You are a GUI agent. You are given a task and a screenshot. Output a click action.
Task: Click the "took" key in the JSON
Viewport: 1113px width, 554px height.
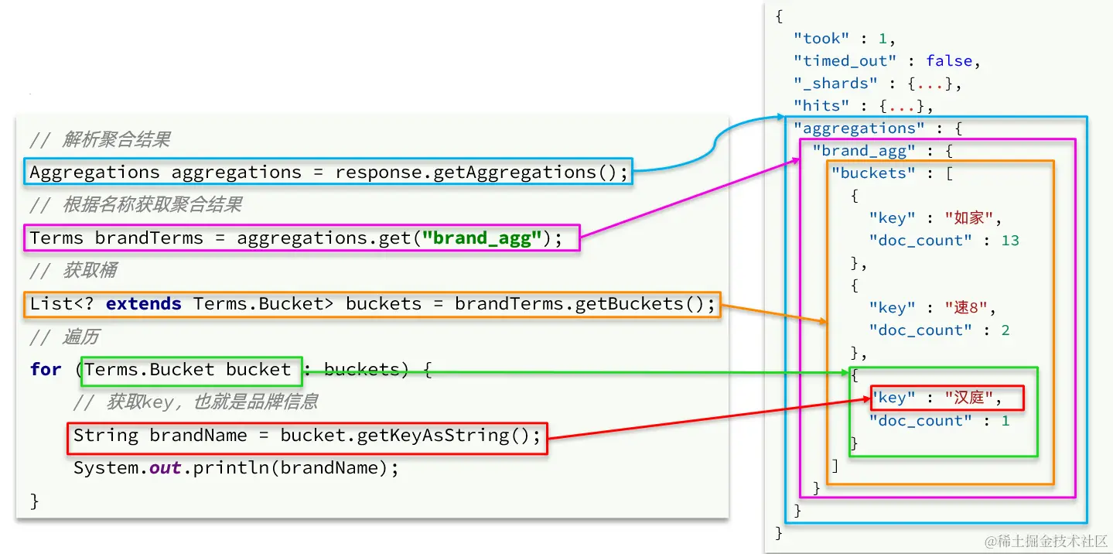click(820, 39)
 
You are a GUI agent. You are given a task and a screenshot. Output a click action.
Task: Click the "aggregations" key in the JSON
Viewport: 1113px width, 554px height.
click(859, 128)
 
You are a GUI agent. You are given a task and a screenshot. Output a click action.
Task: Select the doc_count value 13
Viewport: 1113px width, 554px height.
click(1010, 241)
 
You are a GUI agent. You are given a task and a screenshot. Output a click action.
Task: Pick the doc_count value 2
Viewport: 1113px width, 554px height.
click(1005, 330)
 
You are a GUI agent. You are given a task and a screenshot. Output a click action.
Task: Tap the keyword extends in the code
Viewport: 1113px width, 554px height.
click(144, 304)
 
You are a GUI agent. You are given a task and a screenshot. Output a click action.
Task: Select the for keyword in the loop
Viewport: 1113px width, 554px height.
click(46, 370)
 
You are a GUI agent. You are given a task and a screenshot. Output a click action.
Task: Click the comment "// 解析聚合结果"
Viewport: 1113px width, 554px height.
click(100, 140)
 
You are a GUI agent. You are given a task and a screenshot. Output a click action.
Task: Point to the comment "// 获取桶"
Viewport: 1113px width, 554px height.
click(73, 271)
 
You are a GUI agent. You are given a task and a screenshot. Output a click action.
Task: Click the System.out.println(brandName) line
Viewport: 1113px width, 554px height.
click(236, 468)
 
